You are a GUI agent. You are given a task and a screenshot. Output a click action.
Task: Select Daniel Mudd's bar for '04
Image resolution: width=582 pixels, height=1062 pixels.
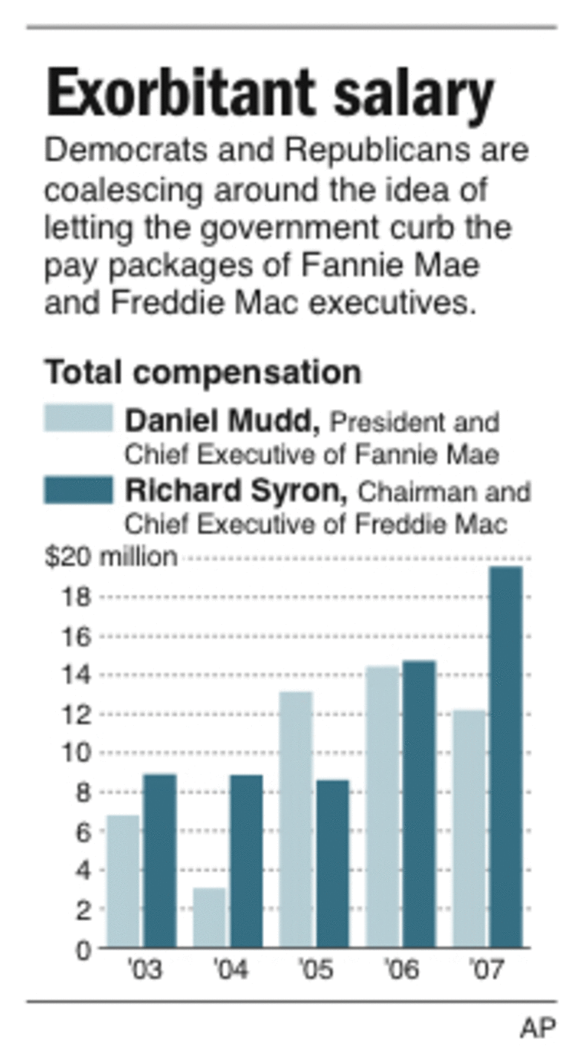(x=209, y=917)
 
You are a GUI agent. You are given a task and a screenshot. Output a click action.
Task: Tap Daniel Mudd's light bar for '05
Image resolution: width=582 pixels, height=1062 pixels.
(x=296, y=819)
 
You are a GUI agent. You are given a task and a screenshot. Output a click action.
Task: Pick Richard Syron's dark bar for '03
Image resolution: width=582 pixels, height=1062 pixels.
(x=159, y=861)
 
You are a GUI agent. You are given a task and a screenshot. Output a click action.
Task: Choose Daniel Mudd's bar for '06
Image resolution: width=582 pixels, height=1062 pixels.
(x=382, y=807)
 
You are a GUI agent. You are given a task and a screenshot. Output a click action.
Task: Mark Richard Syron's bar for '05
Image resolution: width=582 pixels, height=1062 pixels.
(x=332, y=864)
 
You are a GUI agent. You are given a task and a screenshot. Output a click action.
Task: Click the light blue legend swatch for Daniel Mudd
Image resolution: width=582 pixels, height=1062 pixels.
(x=78, y=419)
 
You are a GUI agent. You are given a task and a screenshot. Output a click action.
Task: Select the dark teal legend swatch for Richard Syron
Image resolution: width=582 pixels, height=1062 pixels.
(x=78, y=490)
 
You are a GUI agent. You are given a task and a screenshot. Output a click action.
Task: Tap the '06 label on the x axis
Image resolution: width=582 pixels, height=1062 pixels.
(x=402, y=971)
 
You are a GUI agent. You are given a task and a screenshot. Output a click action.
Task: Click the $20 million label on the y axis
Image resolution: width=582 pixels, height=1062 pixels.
(x=110, y=557)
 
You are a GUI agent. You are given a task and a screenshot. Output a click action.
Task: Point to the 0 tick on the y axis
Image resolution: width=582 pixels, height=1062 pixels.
(x=83, y=949)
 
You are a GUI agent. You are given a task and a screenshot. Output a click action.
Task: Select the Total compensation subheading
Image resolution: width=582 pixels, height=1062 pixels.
(x=202, y=373)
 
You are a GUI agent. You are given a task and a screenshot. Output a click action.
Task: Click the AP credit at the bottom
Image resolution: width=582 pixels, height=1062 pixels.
(x=538, y=1028)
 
